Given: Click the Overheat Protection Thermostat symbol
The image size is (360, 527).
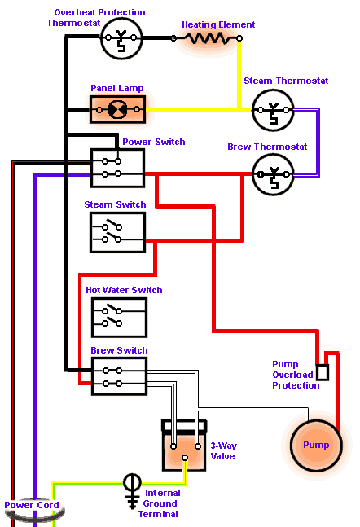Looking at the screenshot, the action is pyautogui.click(x=121, y=38).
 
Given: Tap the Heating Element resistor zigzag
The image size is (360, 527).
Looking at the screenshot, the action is pyautogui.click(x=206, y=38).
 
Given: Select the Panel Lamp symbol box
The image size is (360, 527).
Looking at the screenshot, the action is pyautogui.click(x=117, y=109).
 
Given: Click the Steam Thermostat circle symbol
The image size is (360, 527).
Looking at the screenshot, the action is pyautogui.click(x=273, y=110).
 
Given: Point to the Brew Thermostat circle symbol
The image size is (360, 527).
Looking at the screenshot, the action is pyautogui.click(x=273, y=174).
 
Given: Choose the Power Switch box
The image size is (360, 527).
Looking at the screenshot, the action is pyautogui.click(x=117, y=168).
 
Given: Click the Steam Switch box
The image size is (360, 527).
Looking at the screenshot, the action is pyautogui.click(x=117, y=232).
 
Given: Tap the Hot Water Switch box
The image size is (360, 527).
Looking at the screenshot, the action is pyautogui.click(x=120, y=318).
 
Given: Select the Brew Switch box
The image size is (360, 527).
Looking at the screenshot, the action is pyautogui.click(x=120, y=376).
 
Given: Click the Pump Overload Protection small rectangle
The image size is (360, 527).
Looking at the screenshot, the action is pyautogui.click(x=323, y=372).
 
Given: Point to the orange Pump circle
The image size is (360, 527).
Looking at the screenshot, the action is pyautogui.click(x=316, y=446).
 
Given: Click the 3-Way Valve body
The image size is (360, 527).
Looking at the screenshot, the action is pyautogui.click(x=184, y=446).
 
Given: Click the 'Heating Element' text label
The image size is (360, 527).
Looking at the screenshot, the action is pyautogui.click(x=218, y=24).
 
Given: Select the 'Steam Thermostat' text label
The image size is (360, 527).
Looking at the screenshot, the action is pyautogui.click(x=286, y=81).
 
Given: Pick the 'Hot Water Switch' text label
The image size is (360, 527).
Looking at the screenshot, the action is pyautogui.click(x=124, y=290).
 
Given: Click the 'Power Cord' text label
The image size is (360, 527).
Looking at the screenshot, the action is pyautogui.click(x=32, y=505).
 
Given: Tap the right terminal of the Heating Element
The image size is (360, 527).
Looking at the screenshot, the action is pyautogui.click(x=239, y=38).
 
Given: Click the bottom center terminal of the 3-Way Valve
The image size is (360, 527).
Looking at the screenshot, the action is pyautogui.click(x=185, y=458).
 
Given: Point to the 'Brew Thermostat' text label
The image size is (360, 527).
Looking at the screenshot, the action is pyautogui.click(x=267, y=147).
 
